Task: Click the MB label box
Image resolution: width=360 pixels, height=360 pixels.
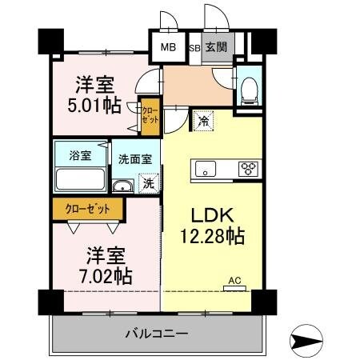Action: [168, 47]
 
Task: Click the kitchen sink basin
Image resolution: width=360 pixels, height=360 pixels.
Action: [205, 170]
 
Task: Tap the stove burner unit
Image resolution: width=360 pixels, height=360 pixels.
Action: [250, 169]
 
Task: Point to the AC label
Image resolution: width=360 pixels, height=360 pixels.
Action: [234, 280]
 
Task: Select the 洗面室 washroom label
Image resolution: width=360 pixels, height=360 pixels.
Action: [134, 158]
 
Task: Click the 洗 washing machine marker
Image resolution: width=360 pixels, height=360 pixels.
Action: [147, 183]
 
